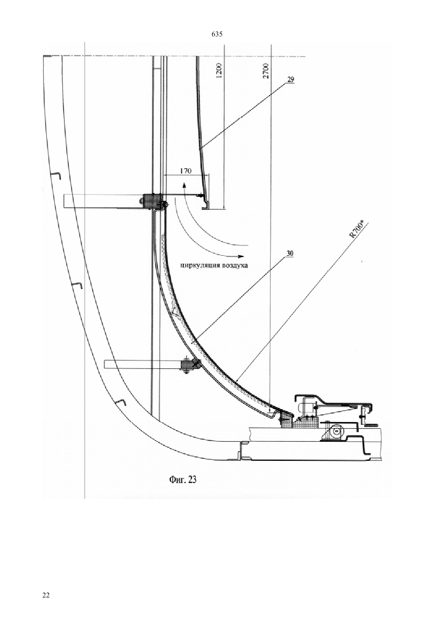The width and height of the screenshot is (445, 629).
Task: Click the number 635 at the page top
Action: click(216, 34)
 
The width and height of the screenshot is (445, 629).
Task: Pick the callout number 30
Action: click(290, 253)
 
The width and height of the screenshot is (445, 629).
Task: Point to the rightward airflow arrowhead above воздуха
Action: click(240, 256)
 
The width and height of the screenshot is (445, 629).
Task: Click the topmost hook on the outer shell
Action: click(56, 176)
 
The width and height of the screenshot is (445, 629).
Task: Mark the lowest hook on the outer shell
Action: click(121, 402)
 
